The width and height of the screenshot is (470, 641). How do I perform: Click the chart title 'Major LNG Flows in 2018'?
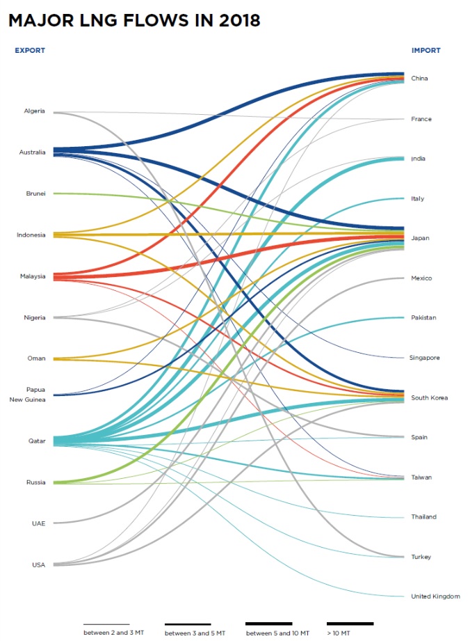(134, 21)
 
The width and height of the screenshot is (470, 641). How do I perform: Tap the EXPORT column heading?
(30, 50)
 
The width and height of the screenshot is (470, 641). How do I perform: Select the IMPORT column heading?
(426, 50)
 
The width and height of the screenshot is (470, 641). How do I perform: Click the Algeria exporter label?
(34, 111)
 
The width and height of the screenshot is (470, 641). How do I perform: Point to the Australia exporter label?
(32, 152)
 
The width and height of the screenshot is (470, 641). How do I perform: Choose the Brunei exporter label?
(35, 193)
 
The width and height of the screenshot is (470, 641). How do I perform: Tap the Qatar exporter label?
(37, 441)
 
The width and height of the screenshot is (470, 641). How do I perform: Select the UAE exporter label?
(38, 523)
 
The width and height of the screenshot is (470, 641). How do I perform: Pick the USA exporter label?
(38, 564)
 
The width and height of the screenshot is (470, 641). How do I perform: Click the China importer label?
(419, 78)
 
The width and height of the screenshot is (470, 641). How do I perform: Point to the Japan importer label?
(420, 238)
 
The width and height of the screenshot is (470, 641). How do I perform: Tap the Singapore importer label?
(425, 358)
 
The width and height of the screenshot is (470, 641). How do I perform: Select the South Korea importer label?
(429, 397)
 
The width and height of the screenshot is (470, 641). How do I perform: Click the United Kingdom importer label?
(435, 596)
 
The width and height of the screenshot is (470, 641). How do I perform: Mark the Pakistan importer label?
(423, 318)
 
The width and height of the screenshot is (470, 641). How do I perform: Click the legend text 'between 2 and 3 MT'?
(106, 633)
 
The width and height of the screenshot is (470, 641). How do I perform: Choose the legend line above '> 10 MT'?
(350, 624)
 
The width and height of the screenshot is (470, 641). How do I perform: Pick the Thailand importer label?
(423, 516)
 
